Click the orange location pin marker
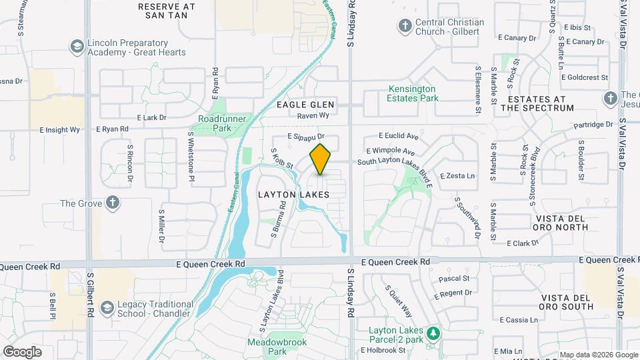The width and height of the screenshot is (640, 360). click(320, 159)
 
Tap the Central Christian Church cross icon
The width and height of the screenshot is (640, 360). click(405, 26)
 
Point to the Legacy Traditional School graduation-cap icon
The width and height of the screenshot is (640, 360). click(107, 308)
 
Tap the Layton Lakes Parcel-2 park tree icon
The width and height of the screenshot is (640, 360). click(433, 331)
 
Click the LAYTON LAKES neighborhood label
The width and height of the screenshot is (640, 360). click(293, 195)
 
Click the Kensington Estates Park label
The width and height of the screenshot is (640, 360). click(412, 93)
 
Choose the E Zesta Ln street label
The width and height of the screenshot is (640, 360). click(457, 176)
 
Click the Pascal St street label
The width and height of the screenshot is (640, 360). click(455, 277)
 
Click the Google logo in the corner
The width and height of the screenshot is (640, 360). click(21, 351)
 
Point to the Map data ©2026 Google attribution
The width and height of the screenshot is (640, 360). click(598, 355)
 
